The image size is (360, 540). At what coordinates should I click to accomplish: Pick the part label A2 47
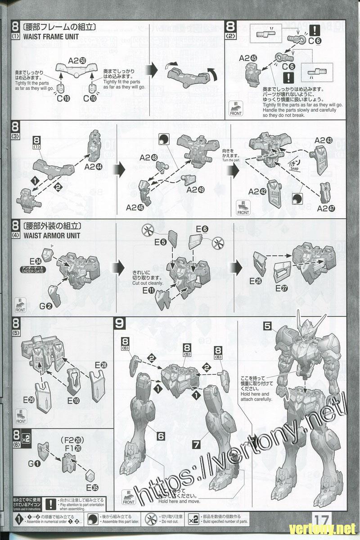coord(326,208)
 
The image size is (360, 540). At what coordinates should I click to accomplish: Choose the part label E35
coord(92,487)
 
